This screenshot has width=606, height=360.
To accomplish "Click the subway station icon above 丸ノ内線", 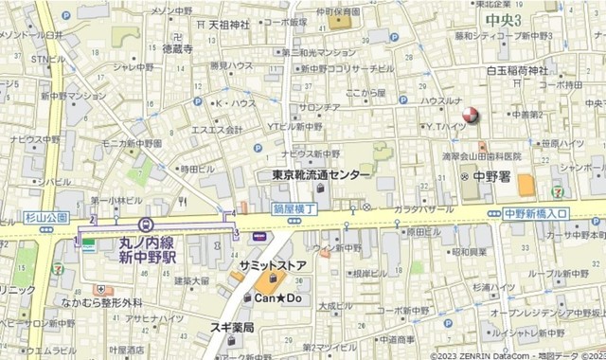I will (x=145, y=225).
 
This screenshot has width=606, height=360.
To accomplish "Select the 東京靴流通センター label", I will (x=321, y=175).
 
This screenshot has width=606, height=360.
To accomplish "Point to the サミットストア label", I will (x=273, y=265).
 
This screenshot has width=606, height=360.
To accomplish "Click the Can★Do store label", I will (x=276, y=297).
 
